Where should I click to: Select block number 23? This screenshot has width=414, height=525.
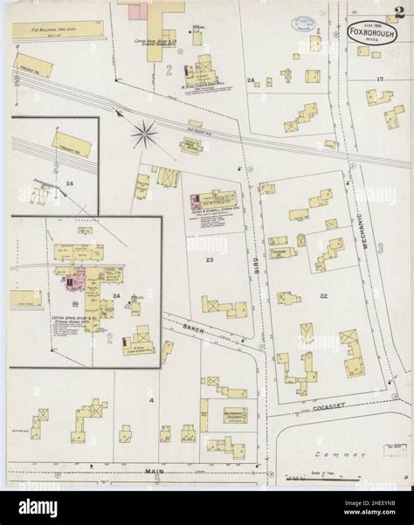(210, 259)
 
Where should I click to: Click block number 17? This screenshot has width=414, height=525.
(380, 79)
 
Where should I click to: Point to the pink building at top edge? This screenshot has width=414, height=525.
(137, 11)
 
